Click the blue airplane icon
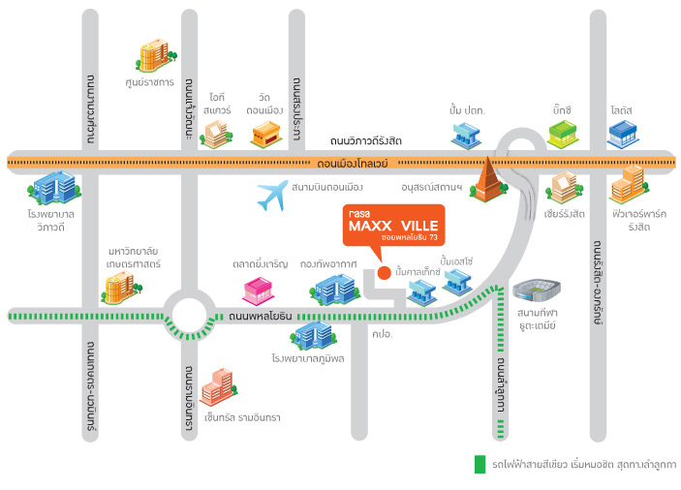pos(272,195)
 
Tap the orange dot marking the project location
pos(384,272)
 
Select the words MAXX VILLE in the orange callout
pos(393,226)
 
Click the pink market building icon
pos(258,291)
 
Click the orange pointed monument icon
pos(488,180)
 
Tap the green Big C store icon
pos(563,135)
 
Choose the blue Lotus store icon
pos(623,135)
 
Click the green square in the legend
pos(480,464)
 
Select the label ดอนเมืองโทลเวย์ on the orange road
pos(353,164)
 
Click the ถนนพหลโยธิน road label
pos(261,317)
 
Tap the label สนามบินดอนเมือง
pos(327,188)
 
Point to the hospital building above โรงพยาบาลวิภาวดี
pos(54,188)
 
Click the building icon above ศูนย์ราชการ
pos(156,54)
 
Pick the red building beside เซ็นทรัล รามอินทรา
pos(219,386)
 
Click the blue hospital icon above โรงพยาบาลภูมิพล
pos(313,336)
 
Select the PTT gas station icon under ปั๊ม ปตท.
pos(466,135)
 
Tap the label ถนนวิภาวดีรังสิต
pos(366,141)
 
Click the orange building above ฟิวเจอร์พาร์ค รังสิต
pos(630,184)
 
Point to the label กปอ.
pos(383,334)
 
